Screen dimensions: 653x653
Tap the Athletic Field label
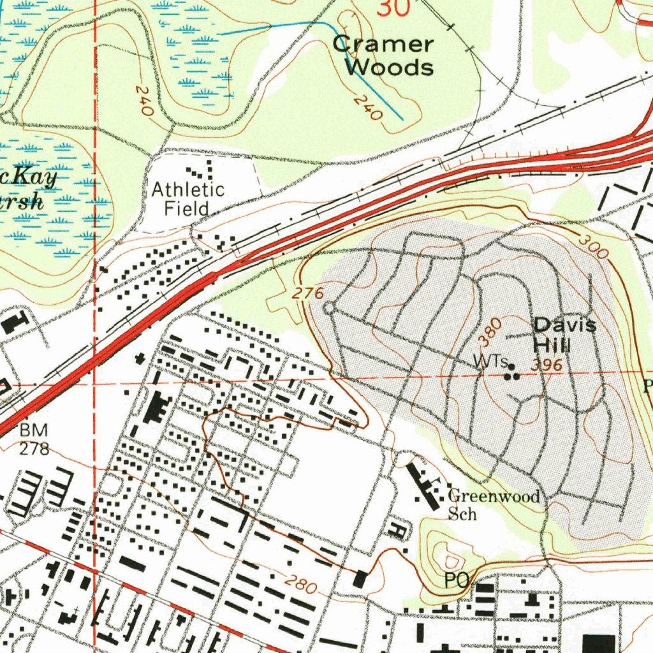click(187, 198)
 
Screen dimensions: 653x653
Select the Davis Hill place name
click(564, 335)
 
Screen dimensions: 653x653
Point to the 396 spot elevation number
click(547, 365)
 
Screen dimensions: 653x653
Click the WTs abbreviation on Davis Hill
click(490, 362)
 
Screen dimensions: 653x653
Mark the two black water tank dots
click(512, 376)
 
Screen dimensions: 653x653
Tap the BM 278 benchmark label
click(34, 439)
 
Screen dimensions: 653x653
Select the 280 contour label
click(300, 583)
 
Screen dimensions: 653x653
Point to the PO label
click(457, 580)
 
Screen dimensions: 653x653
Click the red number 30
click(393, 8)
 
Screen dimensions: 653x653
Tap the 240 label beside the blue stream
click(368, 108)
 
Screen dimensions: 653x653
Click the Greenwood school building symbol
click(423, 487)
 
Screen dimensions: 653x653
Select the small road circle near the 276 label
click(328, 309)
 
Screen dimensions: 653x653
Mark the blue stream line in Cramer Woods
click(357, 70)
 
